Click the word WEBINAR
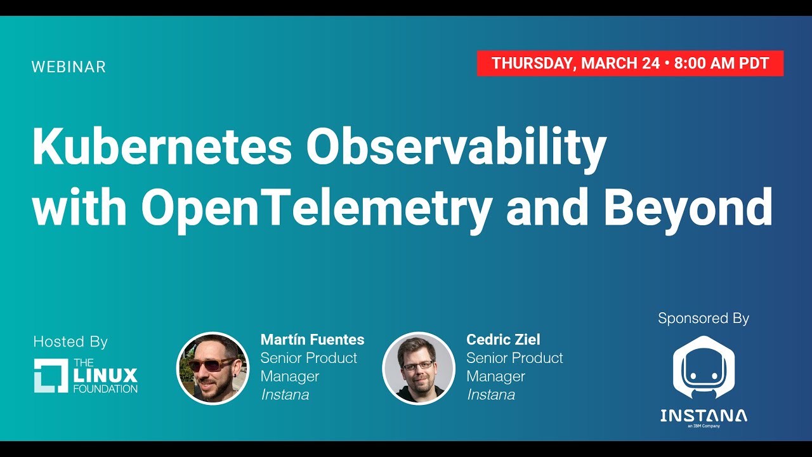69,67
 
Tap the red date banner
630,63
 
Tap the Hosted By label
70,341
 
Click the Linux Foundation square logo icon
51,376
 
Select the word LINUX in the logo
105,375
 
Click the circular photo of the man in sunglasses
213,368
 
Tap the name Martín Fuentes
312,340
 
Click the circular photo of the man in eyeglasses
419,368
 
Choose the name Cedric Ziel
503,340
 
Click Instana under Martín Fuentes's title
285,395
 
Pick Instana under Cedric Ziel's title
490,395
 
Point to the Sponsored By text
704,318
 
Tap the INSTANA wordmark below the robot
704,416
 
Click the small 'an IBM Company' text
704,427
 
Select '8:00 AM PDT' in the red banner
721,63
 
